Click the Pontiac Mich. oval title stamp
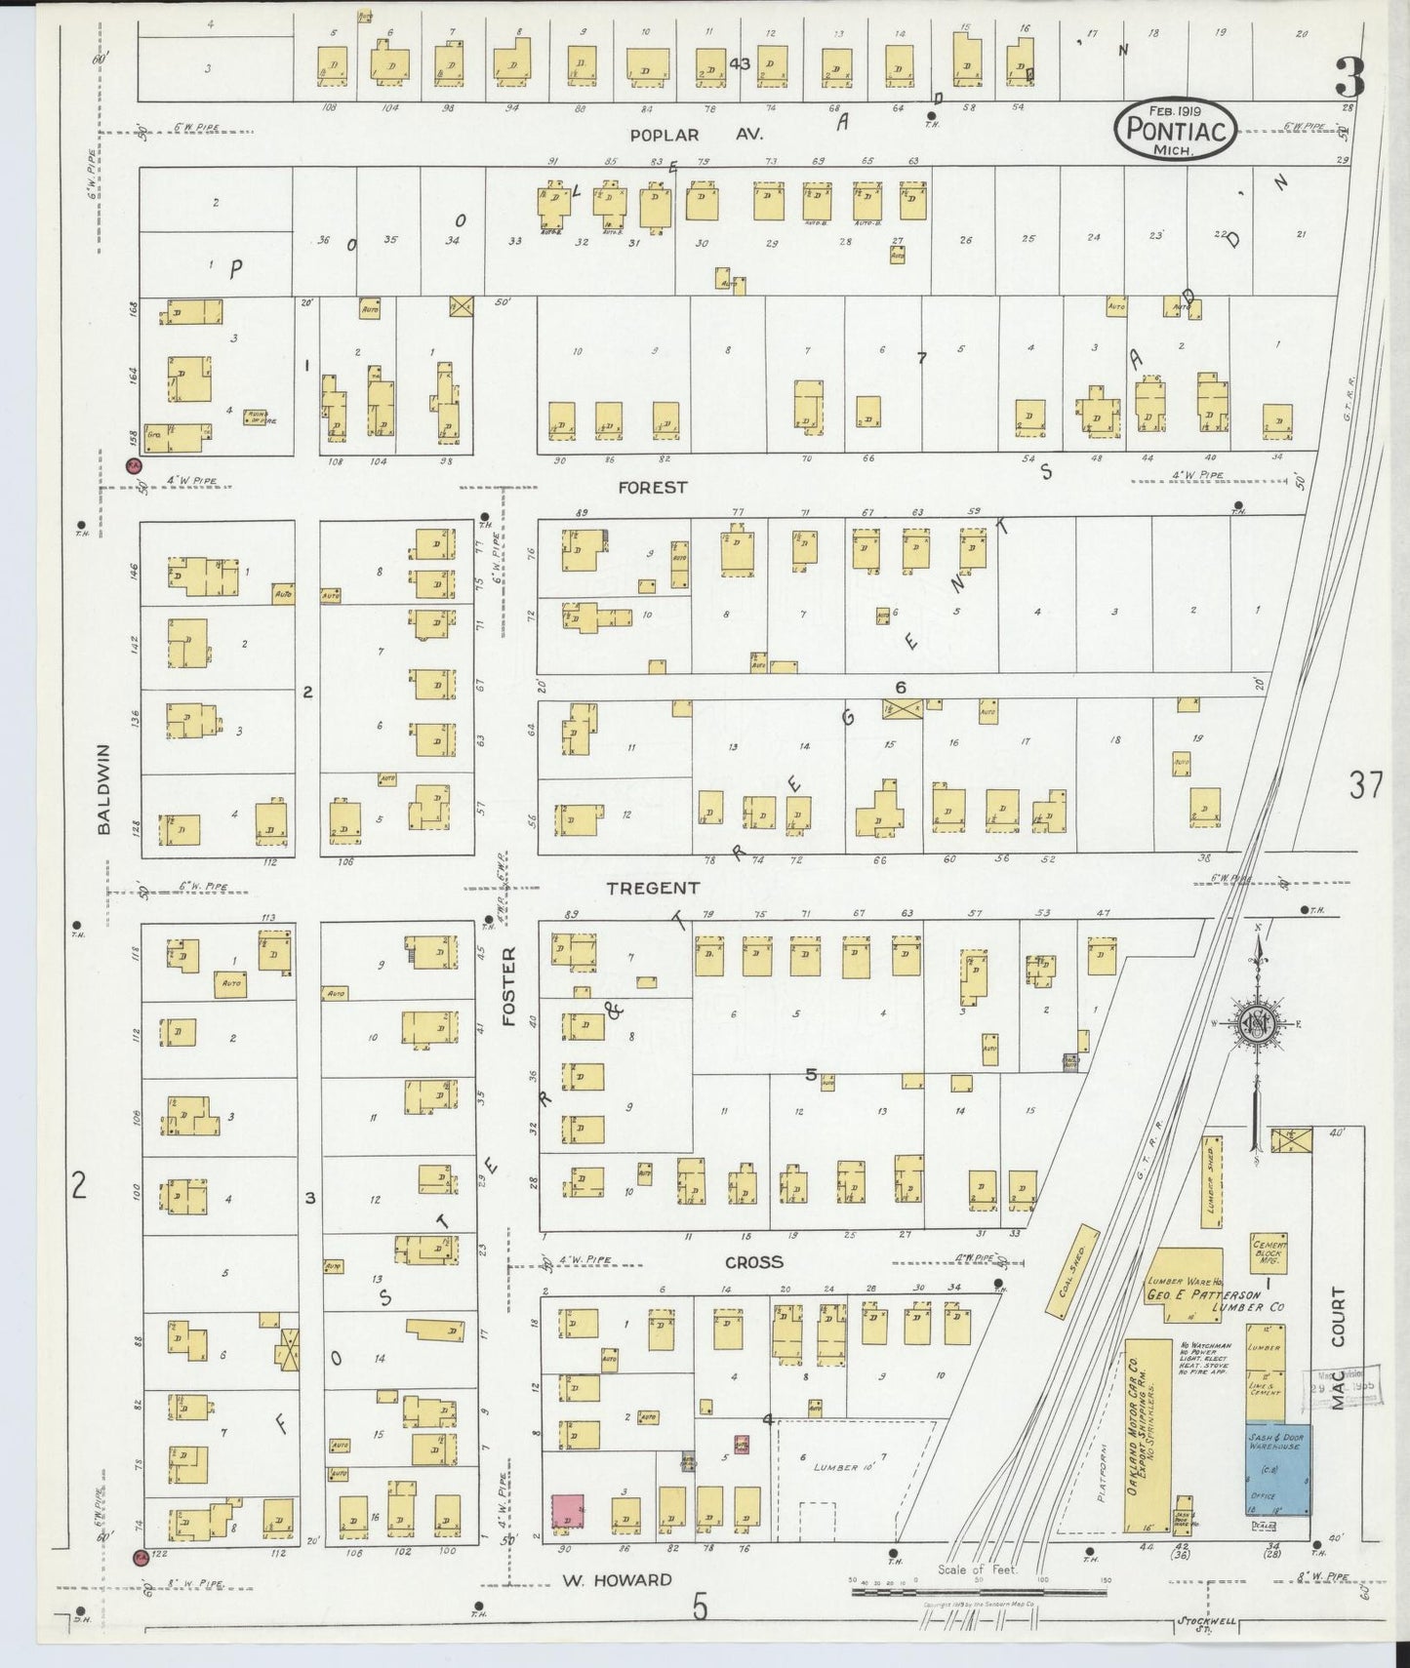[x=1178, y=128]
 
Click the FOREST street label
[x=652, y=487]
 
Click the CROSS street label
[x=754, y=1261]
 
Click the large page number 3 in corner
[x=1350, y=76]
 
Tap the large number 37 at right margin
[x=1365, y=783]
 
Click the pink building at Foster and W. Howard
[x=567, y=1511]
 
